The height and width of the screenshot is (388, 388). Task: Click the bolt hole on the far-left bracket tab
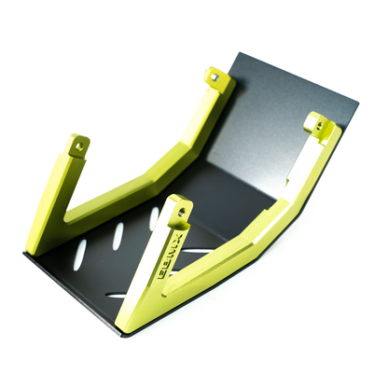(79, 145)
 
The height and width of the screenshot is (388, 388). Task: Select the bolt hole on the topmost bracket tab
(215, 77)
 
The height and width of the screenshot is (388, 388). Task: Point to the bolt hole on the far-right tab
(319, 123)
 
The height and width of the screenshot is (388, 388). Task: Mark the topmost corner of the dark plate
(241, 53)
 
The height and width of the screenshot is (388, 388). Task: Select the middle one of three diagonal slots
(118, 236)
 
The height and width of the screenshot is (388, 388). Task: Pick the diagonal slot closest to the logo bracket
(153, 220)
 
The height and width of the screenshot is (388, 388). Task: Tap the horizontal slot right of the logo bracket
(198, 252)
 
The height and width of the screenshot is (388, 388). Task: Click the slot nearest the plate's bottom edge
(119, 296)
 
